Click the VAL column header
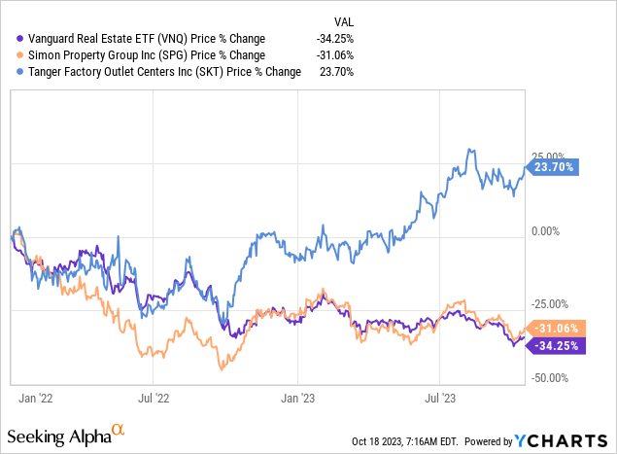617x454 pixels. pyautogui.click(x=343, y=20)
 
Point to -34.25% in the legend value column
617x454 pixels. pyautogui.click(x=334, y=38)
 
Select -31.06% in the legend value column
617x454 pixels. pyautogui.click(x=334, y=54)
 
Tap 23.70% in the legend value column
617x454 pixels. pyautogui.click(x=337, y=71)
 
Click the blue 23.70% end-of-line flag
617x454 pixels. pyautogui.click(x=554, y=166)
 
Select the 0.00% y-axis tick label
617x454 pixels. pyautogui.click(x=548, y=231)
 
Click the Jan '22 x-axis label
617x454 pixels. pyautogui.click(x=36, y=398)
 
